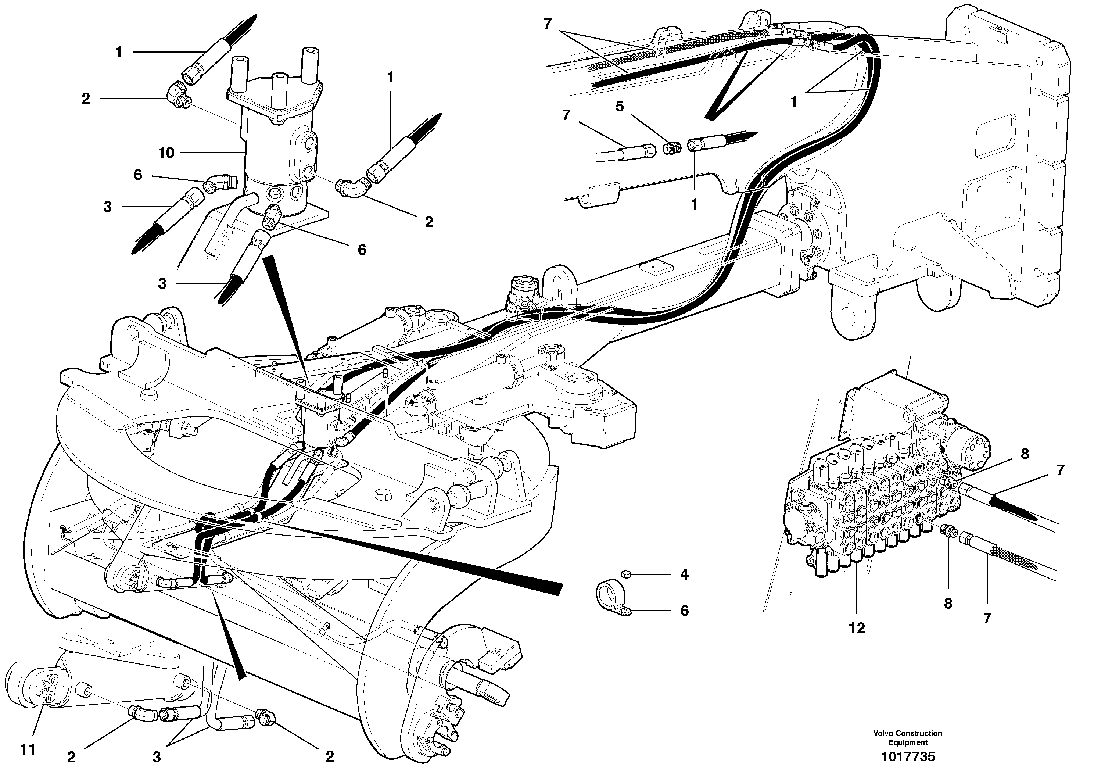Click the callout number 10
pos(166,153)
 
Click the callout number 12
pos(857,628)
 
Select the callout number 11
pos(28,749)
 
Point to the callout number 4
pos(684,575)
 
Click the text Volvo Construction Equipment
pos(908,738)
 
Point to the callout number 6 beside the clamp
pos(684,611)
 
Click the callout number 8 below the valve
pos(948,603)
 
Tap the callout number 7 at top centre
pos(548,24)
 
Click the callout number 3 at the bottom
pos(157,756)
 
